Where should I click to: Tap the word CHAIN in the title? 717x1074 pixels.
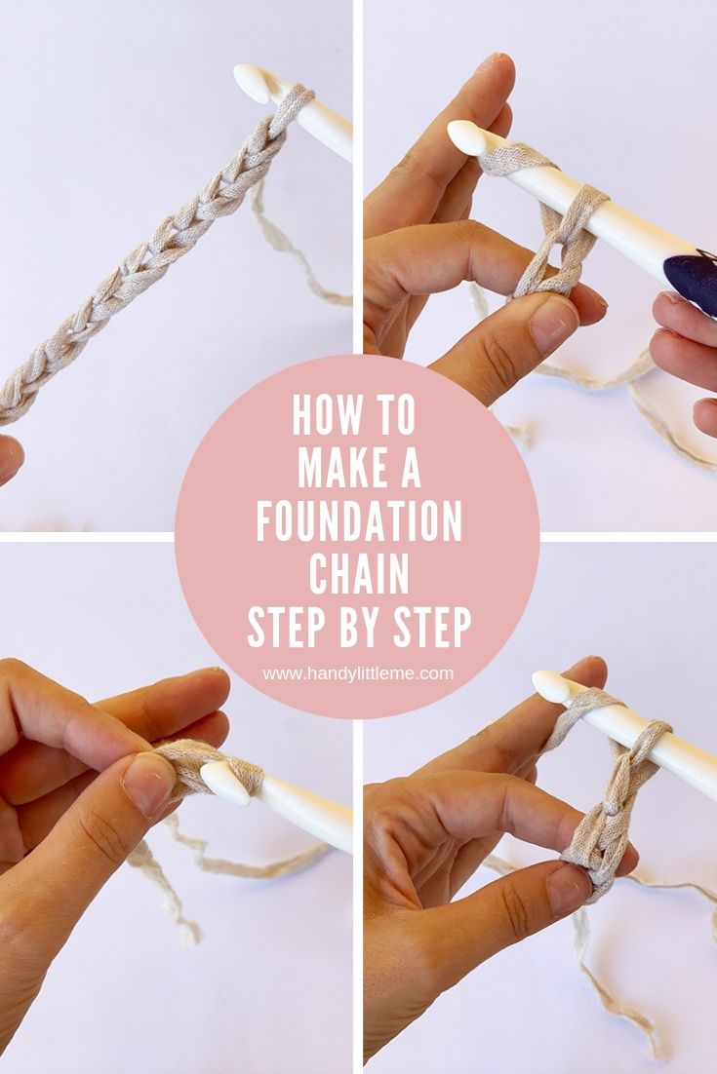[359, 574]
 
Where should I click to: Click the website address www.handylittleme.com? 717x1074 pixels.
[358, 674]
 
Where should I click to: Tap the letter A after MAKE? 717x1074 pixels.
[411, 468]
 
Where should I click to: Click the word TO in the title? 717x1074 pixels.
[395, 414]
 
